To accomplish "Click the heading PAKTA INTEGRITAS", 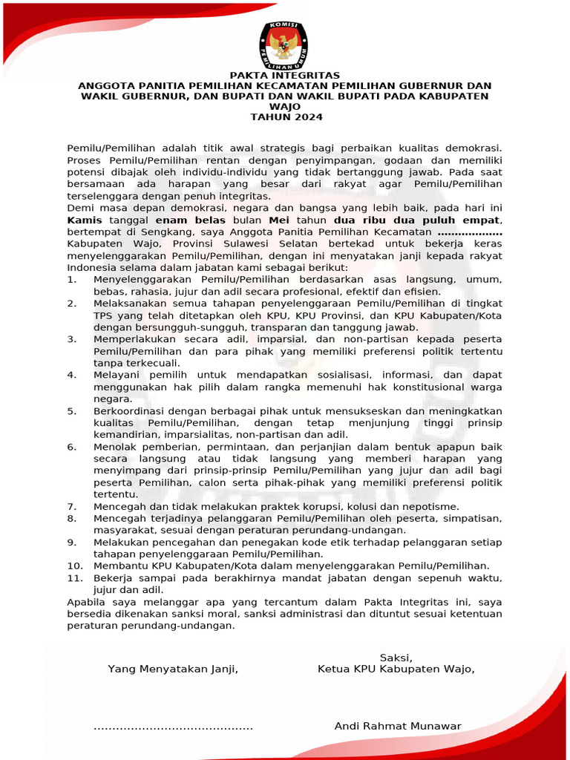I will (285, 76).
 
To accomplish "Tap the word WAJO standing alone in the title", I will (286, 107).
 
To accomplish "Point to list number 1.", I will (71, 279).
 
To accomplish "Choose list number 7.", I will (71, 505).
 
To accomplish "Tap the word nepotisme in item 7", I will (433, 505).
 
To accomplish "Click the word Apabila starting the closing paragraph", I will (86, 601).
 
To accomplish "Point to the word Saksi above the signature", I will (396, 658).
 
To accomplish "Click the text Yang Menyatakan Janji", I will (173, 669).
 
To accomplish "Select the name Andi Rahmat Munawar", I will (398, 726).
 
